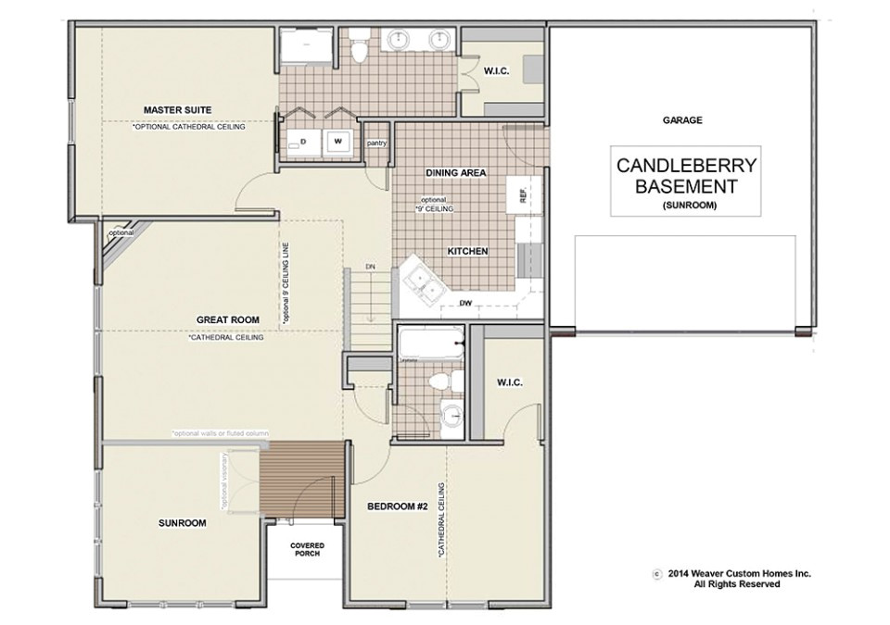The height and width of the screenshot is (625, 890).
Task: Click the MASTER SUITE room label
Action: pyautogui.click(x=177, y=110)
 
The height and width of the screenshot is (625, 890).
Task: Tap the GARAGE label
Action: pyautogui.click(x=681, y=120)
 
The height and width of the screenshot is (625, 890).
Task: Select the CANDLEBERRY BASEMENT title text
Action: pyautogui.click(x=687, y=176)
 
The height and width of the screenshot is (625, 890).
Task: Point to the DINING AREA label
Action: pyautogui.click(x=456, y=173)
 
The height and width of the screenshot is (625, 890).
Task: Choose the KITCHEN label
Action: pyautogui.click(x=468, y=251)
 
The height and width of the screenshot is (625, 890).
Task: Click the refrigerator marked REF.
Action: pyautogui.click(x=523, y=195)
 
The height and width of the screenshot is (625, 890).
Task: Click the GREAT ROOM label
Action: pyautogui.click(x=226, y=319)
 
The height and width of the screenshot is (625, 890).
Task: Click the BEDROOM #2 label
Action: pyautogui.click(x=396, y=506)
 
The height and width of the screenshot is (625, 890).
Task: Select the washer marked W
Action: pyautogui.click(x=337, y=142)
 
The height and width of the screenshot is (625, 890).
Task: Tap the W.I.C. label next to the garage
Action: pyautogui.click(x=493, y=70)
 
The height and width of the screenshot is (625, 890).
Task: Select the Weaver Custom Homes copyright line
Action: pyautogui.click(x=738, y=574)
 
